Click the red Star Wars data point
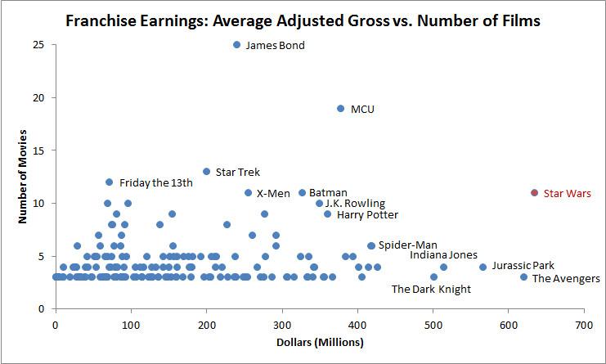[534, 193]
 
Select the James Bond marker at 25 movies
[236, 45]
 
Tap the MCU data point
[341, 108]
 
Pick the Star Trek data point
[206, 172]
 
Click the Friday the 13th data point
[109, 182]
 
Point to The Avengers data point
[523, 277]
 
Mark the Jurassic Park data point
[483, 267]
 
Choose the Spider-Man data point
[371, 245]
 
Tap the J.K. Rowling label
[355, 204]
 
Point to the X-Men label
[273, 194]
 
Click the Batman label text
[328, 193]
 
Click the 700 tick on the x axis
[584, 325]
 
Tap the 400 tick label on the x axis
[357, 325]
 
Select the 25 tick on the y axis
[38, 45]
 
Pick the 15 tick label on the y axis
[38, 151]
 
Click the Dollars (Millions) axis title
[319, 343]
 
